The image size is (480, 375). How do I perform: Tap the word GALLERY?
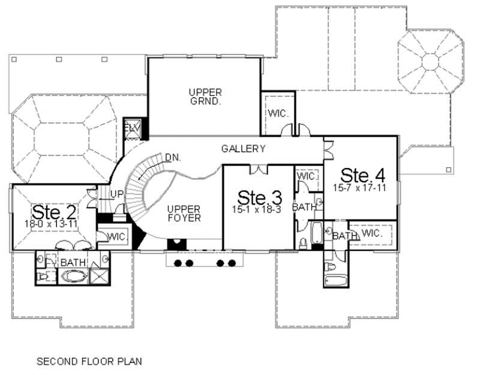243,148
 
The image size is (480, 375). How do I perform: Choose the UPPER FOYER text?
184,213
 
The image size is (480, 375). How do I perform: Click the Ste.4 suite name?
362,175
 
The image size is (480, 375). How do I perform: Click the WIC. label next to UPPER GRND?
277,113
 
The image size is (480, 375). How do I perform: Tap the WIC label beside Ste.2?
117,236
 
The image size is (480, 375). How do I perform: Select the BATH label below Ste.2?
73,263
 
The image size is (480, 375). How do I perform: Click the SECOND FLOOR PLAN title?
89,362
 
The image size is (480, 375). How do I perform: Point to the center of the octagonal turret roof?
431,61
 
